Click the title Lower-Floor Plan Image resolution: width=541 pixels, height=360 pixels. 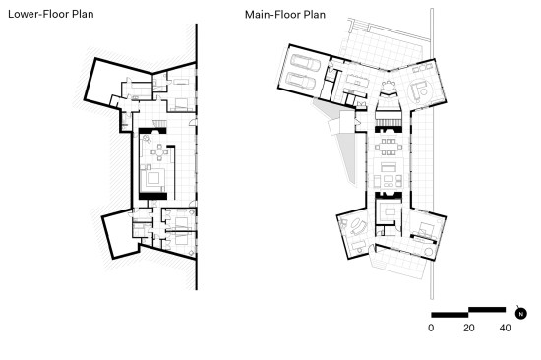(x=51, y=14)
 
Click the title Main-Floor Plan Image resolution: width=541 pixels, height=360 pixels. (x=285, y=15)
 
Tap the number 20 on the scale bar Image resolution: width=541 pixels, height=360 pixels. (x=469, y=328)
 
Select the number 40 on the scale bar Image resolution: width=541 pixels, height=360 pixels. (x=506, y=328)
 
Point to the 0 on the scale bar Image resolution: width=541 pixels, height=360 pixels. (x=431, y=328)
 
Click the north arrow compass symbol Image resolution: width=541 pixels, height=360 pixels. (x=521, y=314)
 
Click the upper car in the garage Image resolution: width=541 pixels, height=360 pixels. (x=306, y=63)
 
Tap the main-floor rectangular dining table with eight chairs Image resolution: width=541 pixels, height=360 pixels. (x=389, y=147)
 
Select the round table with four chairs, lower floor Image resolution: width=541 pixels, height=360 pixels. (x=159, y=152)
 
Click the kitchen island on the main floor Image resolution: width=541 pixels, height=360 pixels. (x=358, y=81)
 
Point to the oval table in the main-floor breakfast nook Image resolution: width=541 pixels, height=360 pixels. (x=389, y=86)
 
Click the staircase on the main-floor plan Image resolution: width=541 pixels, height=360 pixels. (x=389, y=122)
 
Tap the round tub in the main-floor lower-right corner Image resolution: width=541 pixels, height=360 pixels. (x=429, y=251)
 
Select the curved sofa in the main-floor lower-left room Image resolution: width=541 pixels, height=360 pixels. (x=359, y=227)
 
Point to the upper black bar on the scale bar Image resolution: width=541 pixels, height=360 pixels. (x=487, y=310)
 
